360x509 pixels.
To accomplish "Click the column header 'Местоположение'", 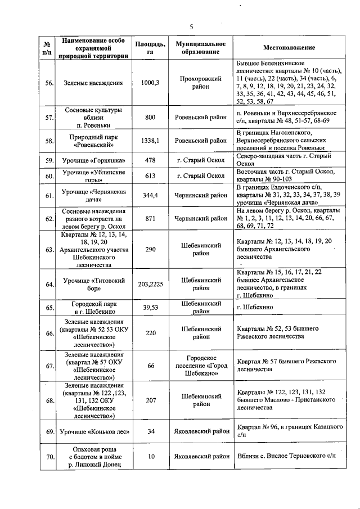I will [x=289, y=48].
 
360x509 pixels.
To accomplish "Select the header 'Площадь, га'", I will [x=150, y=48].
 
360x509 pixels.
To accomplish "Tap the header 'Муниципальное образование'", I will [x=201, y=48].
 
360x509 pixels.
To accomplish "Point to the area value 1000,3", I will [x=150, y=83].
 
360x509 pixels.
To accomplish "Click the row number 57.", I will [x=49, y=118].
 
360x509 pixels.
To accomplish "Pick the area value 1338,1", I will [x=150, y=141].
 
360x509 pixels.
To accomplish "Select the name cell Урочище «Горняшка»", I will [x=93, y=160].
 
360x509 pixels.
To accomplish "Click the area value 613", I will [x=150, y=176].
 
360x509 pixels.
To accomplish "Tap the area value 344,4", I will [x=150, y=196].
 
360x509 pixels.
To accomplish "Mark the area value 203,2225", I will [x=150, y=284].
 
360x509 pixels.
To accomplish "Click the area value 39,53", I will [x=150, y=308].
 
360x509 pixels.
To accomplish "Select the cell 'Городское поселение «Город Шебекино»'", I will [x=201, y=366].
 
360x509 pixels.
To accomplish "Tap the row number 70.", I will [x=49, y=456].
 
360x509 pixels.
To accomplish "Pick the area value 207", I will [x=150, y=400].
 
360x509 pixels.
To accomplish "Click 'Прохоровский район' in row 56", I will [x=201, y=83].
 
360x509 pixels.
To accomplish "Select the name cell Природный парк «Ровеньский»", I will [x=93, y=141].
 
